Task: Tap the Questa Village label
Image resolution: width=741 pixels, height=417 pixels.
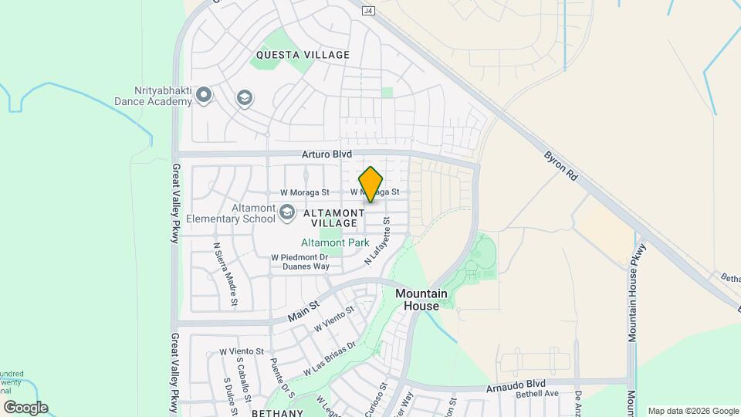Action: click(303, 55)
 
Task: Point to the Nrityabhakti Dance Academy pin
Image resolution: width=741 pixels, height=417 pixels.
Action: click(204, 95)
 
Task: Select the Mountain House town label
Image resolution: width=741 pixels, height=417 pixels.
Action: click(422, 300)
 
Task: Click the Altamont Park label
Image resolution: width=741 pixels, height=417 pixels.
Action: click(334, 242)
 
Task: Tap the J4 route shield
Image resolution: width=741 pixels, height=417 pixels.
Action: click(368, 11)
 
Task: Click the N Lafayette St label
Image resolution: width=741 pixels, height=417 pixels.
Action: click(378, 242)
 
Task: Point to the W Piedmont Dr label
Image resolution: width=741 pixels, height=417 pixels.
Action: click(300, 257)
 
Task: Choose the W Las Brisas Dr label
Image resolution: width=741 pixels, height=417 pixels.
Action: click(329, 358)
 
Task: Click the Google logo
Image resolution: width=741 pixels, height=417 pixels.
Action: click(25, 407)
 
